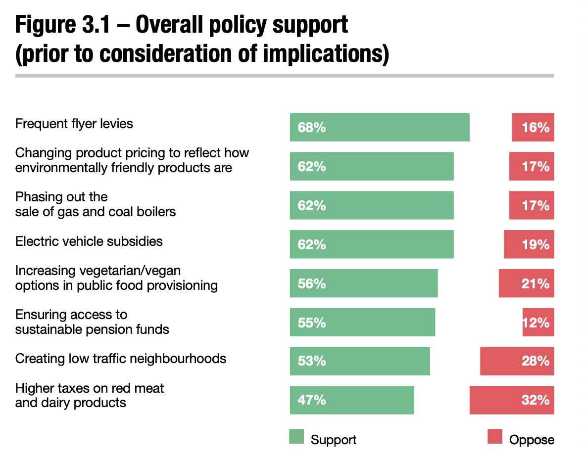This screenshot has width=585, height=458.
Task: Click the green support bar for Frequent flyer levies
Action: (380, 127)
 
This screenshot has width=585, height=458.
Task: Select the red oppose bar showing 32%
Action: (512, 400)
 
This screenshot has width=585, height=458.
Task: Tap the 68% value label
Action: (312, 128)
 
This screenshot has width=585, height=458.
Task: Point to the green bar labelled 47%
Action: (352, 400)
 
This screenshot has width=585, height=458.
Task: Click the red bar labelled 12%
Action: (538, 322)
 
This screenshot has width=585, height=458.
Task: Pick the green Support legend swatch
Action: (296, 437)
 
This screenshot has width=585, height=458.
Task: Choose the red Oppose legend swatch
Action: (495, 437)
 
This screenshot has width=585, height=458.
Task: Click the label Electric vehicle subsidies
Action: (89, 241)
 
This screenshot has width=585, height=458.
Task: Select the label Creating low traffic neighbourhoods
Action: (121, 359)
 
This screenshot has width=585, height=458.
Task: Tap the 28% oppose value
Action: (536, 361)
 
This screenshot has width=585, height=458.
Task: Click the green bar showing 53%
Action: (360, 361)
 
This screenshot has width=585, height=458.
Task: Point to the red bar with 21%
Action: (526, 283)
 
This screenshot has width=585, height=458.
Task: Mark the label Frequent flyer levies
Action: (74, 124)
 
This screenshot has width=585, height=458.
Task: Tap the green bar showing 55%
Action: (362, 322)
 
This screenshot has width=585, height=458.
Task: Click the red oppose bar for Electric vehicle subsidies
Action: (529, 244)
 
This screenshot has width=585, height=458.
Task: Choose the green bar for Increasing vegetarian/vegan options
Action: (364, 283)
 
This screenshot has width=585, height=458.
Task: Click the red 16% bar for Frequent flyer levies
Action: (533, 127)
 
